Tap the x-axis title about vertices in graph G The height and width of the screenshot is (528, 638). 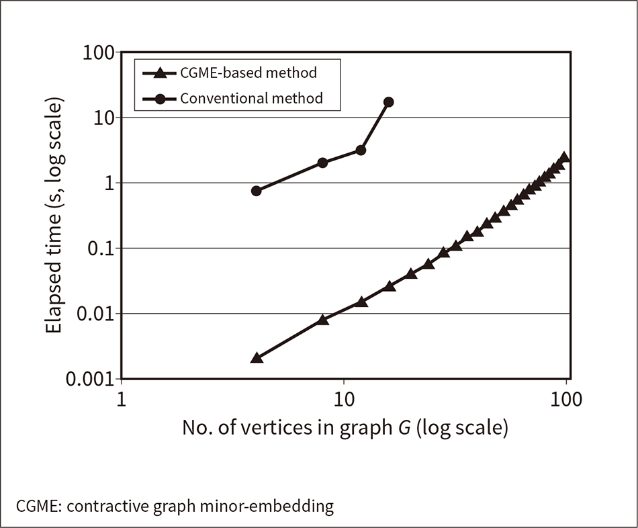344,428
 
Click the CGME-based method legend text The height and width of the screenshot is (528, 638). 248,72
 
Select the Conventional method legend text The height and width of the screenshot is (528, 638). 251,98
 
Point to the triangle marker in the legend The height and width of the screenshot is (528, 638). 161,73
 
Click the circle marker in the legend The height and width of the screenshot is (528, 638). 161,99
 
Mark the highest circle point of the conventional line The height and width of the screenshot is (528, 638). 388,102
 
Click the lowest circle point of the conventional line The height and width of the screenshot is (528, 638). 256,191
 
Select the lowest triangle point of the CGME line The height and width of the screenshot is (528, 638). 256,358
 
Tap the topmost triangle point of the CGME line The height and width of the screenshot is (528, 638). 565,157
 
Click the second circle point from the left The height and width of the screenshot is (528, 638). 322,163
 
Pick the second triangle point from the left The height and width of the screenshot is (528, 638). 322,320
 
